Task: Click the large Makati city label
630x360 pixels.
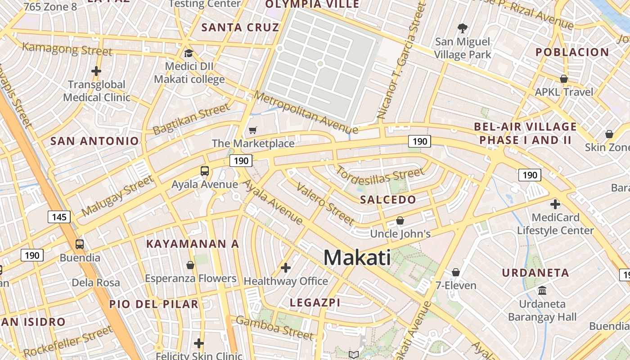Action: (357, 258)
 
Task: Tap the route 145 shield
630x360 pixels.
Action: (59, 217)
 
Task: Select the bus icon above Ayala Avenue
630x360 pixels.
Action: (205, 171)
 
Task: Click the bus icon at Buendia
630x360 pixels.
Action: (80, 244)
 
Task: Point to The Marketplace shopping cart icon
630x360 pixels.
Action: (253, 130)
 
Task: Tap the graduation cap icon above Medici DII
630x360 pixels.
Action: (189, 53)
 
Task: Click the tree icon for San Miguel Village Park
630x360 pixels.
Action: (462, 29)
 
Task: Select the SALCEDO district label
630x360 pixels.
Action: (388, 200)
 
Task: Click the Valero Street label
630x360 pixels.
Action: (325, 204)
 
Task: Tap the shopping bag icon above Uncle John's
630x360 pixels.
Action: (400, 220)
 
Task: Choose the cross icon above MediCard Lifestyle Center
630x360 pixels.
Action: (555, 204)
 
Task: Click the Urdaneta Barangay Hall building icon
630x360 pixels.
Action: (542, 290)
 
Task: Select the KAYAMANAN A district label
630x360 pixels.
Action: (192, 244)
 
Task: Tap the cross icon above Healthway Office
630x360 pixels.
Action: (285, 268)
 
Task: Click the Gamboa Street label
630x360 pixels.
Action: (274, 328)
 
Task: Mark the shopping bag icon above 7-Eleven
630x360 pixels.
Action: (456, 272)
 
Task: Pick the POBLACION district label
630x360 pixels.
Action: (572, 52)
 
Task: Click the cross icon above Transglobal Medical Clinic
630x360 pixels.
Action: (96, 71)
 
